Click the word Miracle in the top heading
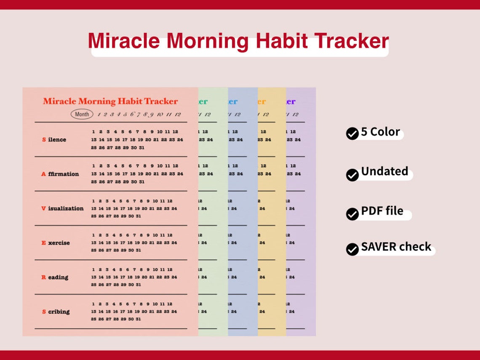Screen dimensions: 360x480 click(124, 41)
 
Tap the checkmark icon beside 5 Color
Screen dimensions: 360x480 click(352, 134)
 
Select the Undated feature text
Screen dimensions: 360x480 click(384, 171)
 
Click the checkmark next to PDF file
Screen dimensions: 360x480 click(352, 214)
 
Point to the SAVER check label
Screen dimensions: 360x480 click(396, 247)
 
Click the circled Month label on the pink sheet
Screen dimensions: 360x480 click(82, 114)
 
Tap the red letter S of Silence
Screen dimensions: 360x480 click(44, 140)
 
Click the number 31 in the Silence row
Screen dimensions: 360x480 click(141, 147)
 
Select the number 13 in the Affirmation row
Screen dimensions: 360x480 click(94, 174)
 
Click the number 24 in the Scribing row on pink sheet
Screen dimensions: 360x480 click(174, 312)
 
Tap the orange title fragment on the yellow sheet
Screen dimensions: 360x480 click(261, 101)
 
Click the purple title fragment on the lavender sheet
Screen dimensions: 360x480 click(291, 101)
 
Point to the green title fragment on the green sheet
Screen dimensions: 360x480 click(203, 101)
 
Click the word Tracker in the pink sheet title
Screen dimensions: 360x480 click(160, 101)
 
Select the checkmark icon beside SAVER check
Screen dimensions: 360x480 click(352, 249)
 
